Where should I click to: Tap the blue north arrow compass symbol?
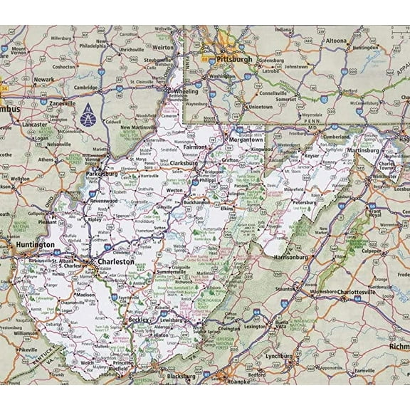click(87, 111)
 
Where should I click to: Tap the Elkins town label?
click(226, 210)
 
